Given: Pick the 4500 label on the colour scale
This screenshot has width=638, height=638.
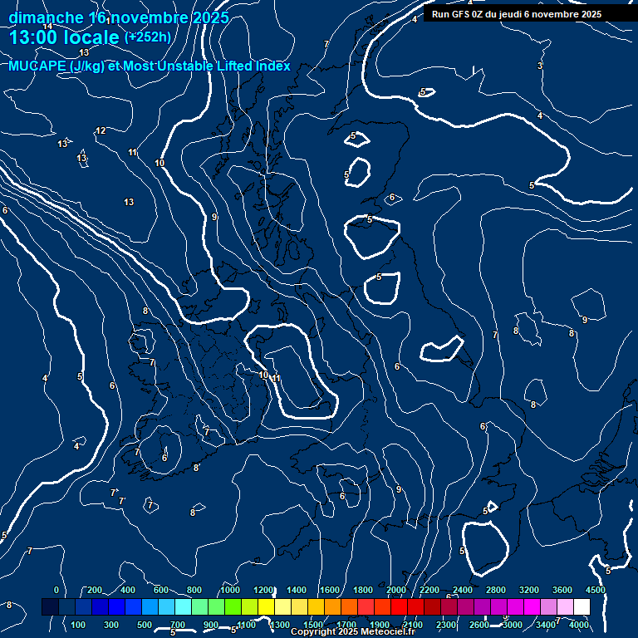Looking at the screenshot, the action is (x=595, y=590).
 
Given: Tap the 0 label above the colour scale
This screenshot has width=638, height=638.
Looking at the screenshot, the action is (x=56, y=590).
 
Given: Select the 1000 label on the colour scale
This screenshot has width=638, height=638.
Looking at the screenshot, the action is (x=230, y=590).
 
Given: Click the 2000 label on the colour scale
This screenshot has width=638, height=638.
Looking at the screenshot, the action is (x=396, y=590).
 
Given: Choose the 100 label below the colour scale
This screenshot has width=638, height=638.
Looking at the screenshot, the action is (x=78, y=625).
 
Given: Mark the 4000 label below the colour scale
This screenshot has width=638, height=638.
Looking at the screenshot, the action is (x=580, y=625).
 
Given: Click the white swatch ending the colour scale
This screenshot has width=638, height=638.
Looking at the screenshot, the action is (x=582, y=607).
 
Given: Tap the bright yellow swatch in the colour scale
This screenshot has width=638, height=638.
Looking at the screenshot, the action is (x=282, y=607).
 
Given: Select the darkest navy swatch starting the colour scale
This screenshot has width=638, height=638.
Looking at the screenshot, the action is (x=50, y=607).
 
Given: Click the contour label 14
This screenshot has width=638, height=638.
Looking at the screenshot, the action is (x=47, y=26).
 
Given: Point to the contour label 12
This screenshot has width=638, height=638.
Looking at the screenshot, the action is (x=101, y=130).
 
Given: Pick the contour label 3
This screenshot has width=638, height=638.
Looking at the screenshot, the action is (x=540, y=66).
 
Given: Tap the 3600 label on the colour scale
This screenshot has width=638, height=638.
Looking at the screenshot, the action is (x=562, y=590).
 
